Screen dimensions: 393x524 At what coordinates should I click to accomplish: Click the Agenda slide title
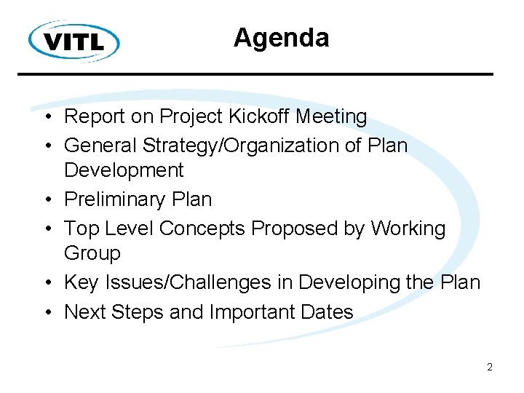[281, 38]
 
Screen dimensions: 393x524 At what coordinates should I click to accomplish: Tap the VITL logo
[74, 40]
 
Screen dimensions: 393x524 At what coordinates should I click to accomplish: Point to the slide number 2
[490, 367]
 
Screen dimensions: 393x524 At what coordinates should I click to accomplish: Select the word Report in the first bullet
[90, 116]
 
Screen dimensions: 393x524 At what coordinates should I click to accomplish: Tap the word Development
[124, 171]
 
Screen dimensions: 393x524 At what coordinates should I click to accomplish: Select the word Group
[92, 254]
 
